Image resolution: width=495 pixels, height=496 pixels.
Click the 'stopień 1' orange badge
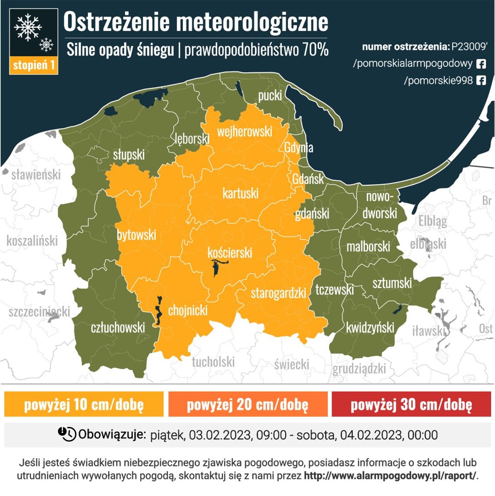coord(33,65)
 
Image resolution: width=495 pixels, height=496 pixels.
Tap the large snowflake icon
coord(28,27)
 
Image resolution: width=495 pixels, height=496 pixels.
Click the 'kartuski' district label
coord(240,193)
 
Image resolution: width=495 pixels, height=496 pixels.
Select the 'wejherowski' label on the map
coord(244,131)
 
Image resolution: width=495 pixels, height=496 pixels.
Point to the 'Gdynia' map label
coord(298,147)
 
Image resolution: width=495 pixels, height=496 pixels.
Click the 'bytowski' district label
coord(136,235)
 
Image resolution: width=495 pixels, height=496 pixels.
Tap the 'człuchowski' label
coord(118,327)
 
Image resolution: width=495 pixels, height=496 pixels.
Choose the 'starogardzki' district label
coord(278,293)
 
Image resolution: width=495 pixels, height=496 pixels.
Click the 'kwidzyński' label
coord(370,327)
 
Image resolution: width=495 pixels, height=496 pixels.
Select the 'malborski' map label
coord(368,247)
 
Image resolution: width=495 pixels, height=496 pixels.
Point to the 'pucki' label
coord(270,95)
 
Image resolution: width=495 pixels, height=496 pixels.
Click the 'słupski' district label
coord(129,154)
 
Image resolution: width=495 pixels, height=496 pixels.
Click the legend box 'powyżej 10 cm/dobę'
coord(84,404)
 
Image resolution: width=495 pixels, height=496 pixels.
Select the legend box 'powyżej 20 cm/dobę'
coord(247,404)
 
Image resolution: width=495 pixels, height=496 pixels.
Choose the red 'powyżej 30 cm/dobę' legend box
coord(411,404)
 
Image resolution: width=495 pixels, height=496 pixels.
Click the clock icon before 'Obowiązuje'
coord(67,434)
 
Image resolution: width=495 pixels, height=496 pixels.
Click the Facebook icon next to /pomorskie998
coord(481,80)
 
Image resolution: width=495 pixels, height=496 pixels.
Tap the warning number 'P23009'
coord(469,47)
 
